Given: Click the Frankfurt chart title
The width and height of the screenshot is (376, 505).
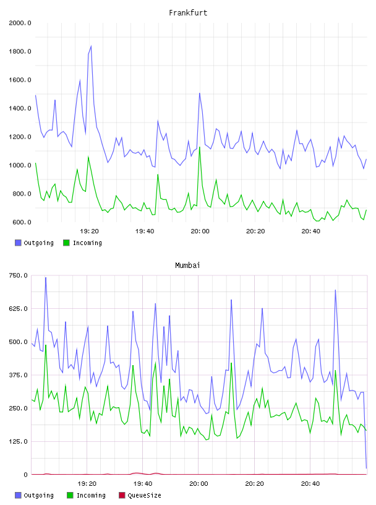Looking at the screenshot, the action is coord(188,13).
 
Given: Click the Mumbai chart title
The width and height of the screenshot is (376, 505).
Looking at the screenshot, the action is coord(187,265).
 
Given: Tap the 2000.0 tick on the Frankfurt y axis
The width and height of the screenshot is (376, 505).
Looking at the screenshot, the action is coord(20,23).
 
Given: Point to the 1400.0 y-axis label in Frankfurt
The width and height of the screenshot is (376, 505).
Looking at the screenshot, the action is coord(20,108).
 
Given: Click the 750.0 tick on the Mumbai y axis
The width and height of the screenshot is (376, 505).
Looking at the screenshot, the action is coord(18,275).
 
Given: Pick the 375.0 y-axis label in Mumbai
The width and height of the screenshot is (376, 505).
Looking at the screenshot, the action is coord(18,375).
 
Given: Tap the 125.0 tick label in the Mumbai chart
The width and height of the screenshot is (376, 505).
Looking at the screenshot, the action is coord(18,441).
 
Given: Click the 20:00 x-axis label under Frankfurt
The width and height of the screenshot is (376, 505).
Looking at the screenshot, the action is coord(200,231).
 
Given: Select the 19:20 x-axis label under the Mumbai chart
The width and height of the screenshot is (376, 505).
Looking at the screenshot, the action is coord(87,484).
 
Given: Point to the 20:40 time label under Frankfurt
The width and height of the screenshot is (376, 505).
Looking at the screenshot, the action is coord(310,231).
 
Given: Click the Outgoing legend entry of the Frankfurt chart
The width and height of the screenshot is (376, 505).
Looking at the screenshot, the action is coord(34,243).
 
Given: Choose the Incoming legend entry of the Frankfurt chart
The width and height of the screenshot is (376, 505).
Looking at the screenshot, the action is coord(83,243).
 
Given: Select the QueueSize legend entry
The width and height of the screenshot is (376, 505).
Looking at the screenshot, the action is coord(140,495).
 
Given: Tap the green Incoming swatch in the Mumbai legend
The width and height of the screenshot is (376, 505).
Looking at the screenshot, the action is coord(70,495).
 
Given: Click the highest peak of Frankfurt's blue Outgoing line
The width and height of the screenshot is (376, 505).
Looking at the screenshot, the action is coord(91,46).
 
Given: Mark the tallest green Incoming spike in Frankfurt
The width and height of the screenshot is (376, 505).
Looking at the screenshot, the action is coord(200,147).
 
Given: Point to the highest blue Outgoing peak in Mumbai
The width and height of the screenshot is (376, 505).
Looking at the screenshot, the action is coord(46,277).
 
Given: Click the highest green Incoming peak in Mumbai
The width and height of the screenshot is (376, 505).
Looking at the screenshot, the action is coord(46,345).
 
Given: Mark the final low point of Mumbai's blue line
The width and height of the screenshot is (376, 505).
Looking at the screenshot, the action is coord(366,468).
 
